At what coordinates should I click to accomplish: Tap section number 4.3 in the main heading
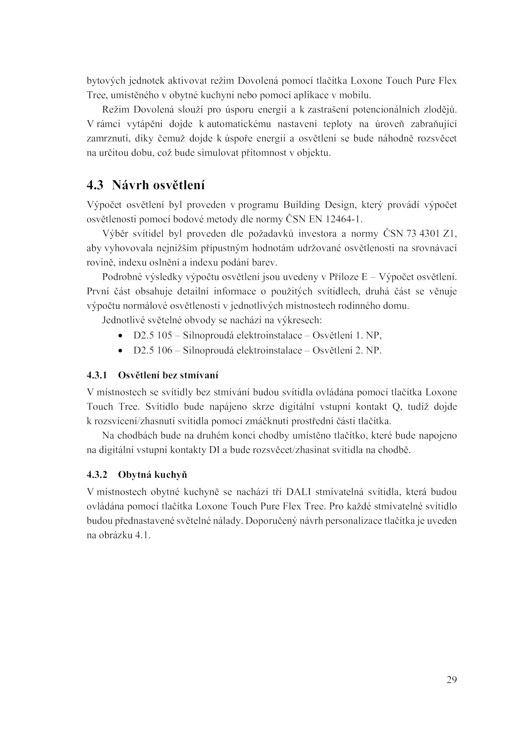(x=95, y=185)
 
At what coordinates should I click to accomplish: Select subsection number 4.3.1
(x=97, y=375)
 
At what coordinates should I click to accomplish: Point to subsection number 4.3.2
(x=97, y=475)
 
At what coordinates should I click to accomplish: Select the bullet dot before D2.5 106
(x=121, y=351)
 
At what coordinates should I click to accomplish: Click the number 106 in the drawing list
(x=164, y=350)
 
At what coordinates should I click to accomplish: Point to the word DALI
(x=298, y=492)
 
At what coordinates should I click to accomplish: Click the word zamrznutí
(x=108, y=139)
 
